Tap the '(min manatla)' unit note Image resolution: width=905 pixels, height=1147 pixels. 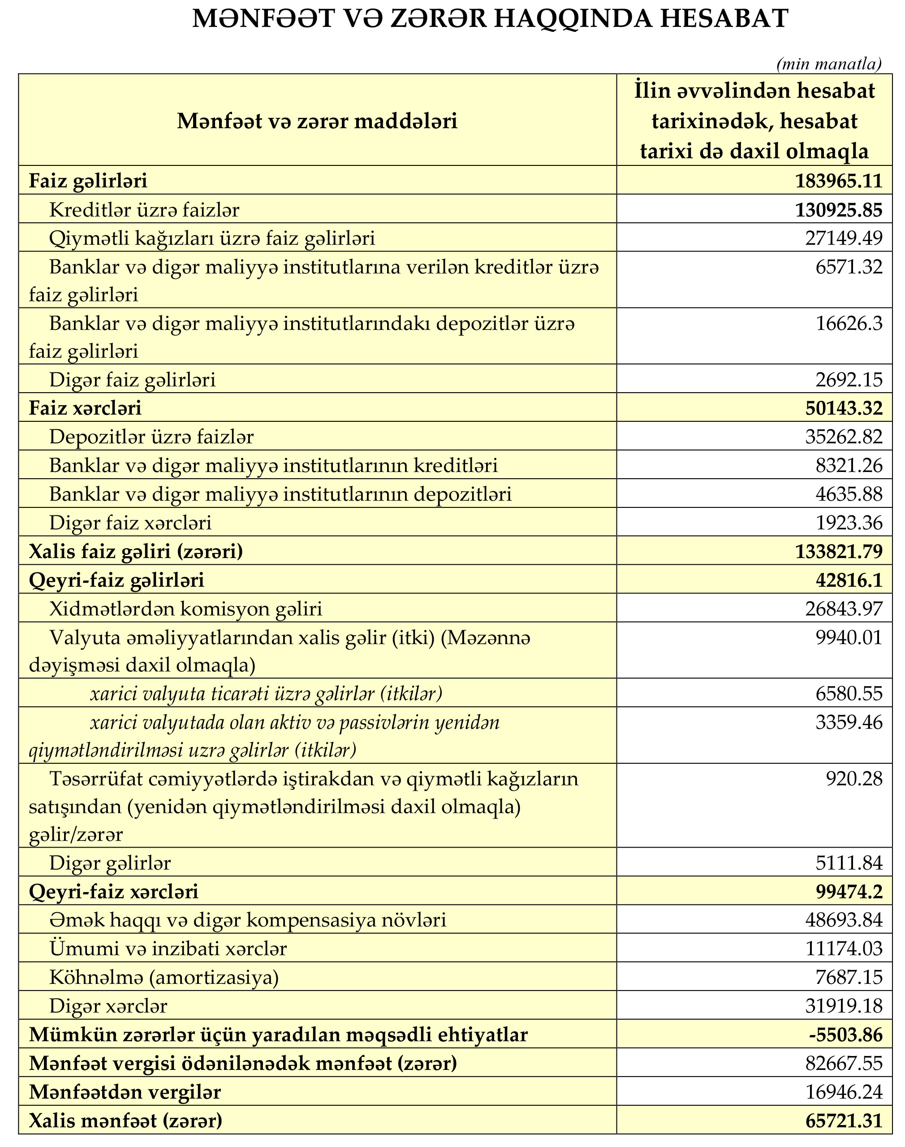pyautogui.click(x=829, y=65)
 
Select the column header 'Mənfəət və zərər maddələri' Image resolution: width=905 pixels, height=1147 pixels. pyautogui.click(x=317, y=121)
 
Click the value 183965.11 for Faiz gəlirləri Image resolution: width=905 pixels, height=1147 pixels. pyautogui.click(x=838, y=181)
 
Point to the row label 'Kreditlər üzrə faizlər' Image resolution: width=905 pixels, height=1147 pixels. pyautogui.click(x=144, y=210)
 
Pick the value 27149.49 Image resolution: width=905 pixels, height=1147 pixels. pyautogui.click(x=845, y=238)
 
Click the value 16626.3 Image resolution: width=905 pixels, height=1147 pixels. pyautogui.click(x=849, y=323)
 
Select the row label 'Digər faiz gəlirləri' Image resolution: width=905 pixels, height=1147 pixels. pyautogui.click(x=133, y=380)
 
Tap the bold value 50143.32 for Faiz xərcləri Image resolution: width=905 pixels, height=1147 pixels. pyautogui.click(x=844, y=408)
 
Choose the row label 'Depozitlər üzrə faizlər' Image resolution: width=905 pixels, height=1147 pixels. pyautogui.click(x=151, y=437)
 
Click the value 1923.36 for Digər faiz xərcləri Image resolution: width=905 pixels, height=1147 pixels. pyautogui.click(x=849, y=523)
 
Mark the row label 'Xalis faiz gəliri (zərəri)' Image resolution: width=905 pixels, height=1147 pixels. pyautogui.click(x=136, y=551)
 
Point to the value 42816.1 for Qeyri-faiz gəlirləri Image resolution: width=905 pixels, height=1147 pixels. pyautogui.click(x=849, y=580)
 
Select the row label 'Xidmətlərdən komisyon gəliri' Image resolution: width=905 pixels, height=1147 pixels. pyautogui.click(x=185, y=609)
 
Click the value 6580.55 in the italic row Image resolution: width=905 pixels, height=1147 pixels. pyautogui.click(x=849, y=693)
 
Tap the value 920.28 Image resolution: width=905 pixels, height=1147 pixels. pyautogui.click(x=854, y=779)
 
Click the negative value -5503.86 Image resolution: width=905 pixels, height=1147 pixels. pyautogui.click(x=846, y=1034)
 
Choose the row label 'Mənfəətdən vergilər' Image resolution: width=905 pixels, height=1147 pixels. pyautogui.click(x=125, y=1091)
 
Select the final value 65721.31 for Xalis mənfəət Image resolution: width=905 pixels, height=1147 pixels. pyautogui.click(x=844, y=1120)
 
